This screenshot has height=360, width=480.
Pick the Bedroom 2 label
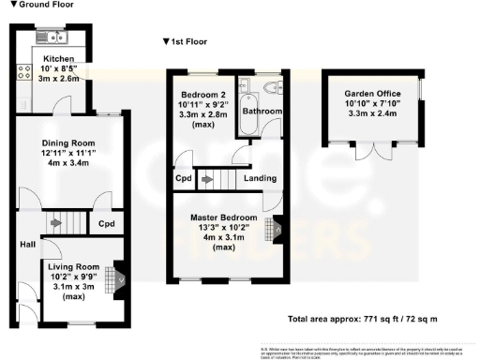[202, 95]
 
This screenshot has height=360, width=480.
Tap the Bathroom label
[262, 112]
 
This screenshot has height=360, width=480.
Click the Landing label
[260, 178]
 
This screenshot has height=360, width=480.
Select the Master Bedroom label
[216, 218]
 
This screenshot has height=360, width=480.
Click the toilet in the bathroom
[272, 89]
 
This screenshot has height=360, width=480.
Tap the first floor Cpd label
[184, 178]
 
